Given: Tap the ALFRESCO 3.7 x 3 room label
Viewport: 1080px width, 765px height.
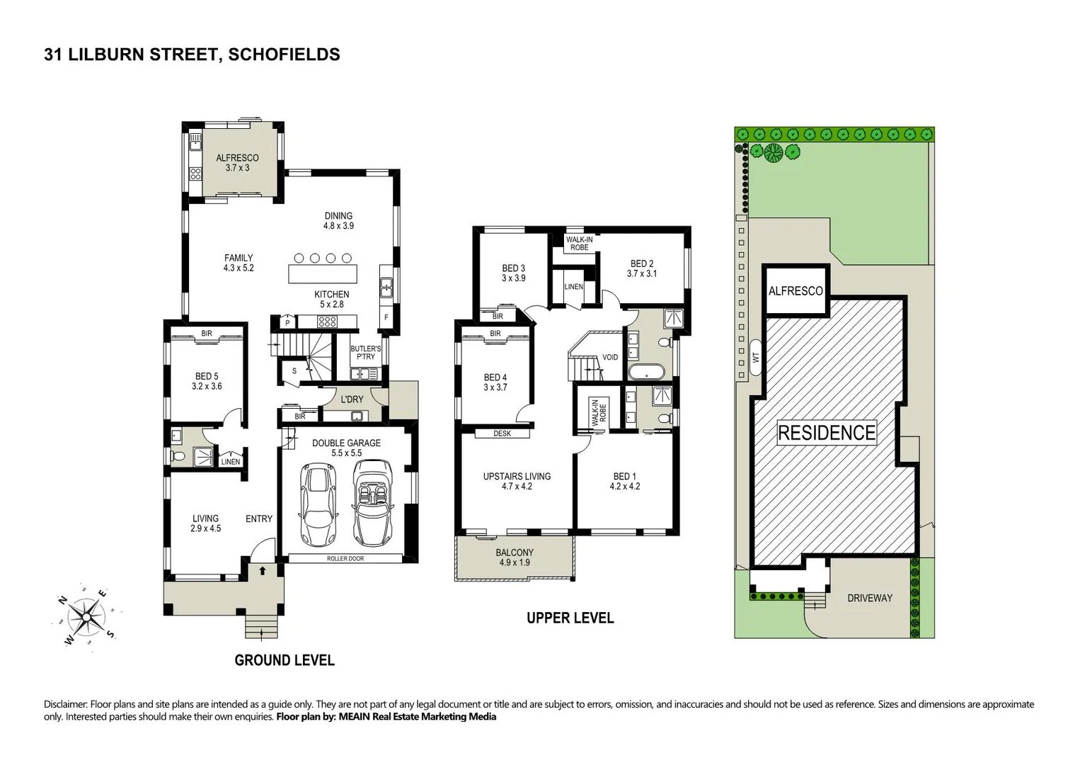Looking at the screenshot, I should tap(237, 163).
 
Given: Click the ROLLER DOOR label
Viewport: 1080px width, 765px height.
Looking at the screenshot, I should tap(345, 558).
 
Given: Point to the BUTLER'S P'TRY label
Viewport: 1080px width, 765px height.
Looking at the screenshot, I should tap(366, 353).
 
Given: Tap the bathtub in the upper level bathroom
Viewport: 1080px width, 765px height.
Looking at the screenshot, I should tap(646, 373).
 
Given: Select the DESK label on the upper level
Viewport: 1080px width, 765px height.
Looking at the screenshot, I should tap(502, 433).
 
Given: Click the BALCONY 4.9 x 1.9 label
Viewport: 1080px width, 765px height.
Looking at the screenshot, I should tap(515, 557).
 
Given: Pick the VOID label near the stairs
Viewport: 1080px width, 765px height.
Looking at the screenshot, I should tap(609, 357).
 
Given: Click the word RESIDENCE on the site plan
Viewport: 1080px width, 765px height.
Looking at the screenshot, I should tap(827, 432).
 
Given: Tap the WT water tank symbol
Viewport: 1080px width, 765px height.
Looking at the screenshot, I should tap(756, 358).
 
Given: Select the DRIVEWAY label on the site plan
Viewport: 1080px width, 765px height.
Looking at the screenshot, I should tap(870, 598).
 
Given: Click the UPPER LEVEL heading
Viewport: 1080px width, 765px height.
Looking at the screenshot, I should tap(570, 618).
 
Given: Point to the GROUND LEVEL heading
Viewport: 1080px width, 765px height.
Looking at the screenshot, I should tap(285, 660).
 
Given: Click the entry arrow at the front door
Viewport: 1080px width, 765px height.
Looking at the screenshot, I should tap(263, 569).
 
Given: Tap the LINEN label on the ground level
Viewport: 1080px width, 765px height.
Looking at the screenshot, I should tap(231, 462).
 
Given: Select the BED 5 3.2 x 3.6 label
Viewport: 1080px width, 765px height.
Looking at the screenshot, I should tap(207, 381).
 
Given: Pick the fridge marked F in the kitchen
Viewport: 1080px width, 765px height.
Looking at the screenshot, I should tap(386, 317).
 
